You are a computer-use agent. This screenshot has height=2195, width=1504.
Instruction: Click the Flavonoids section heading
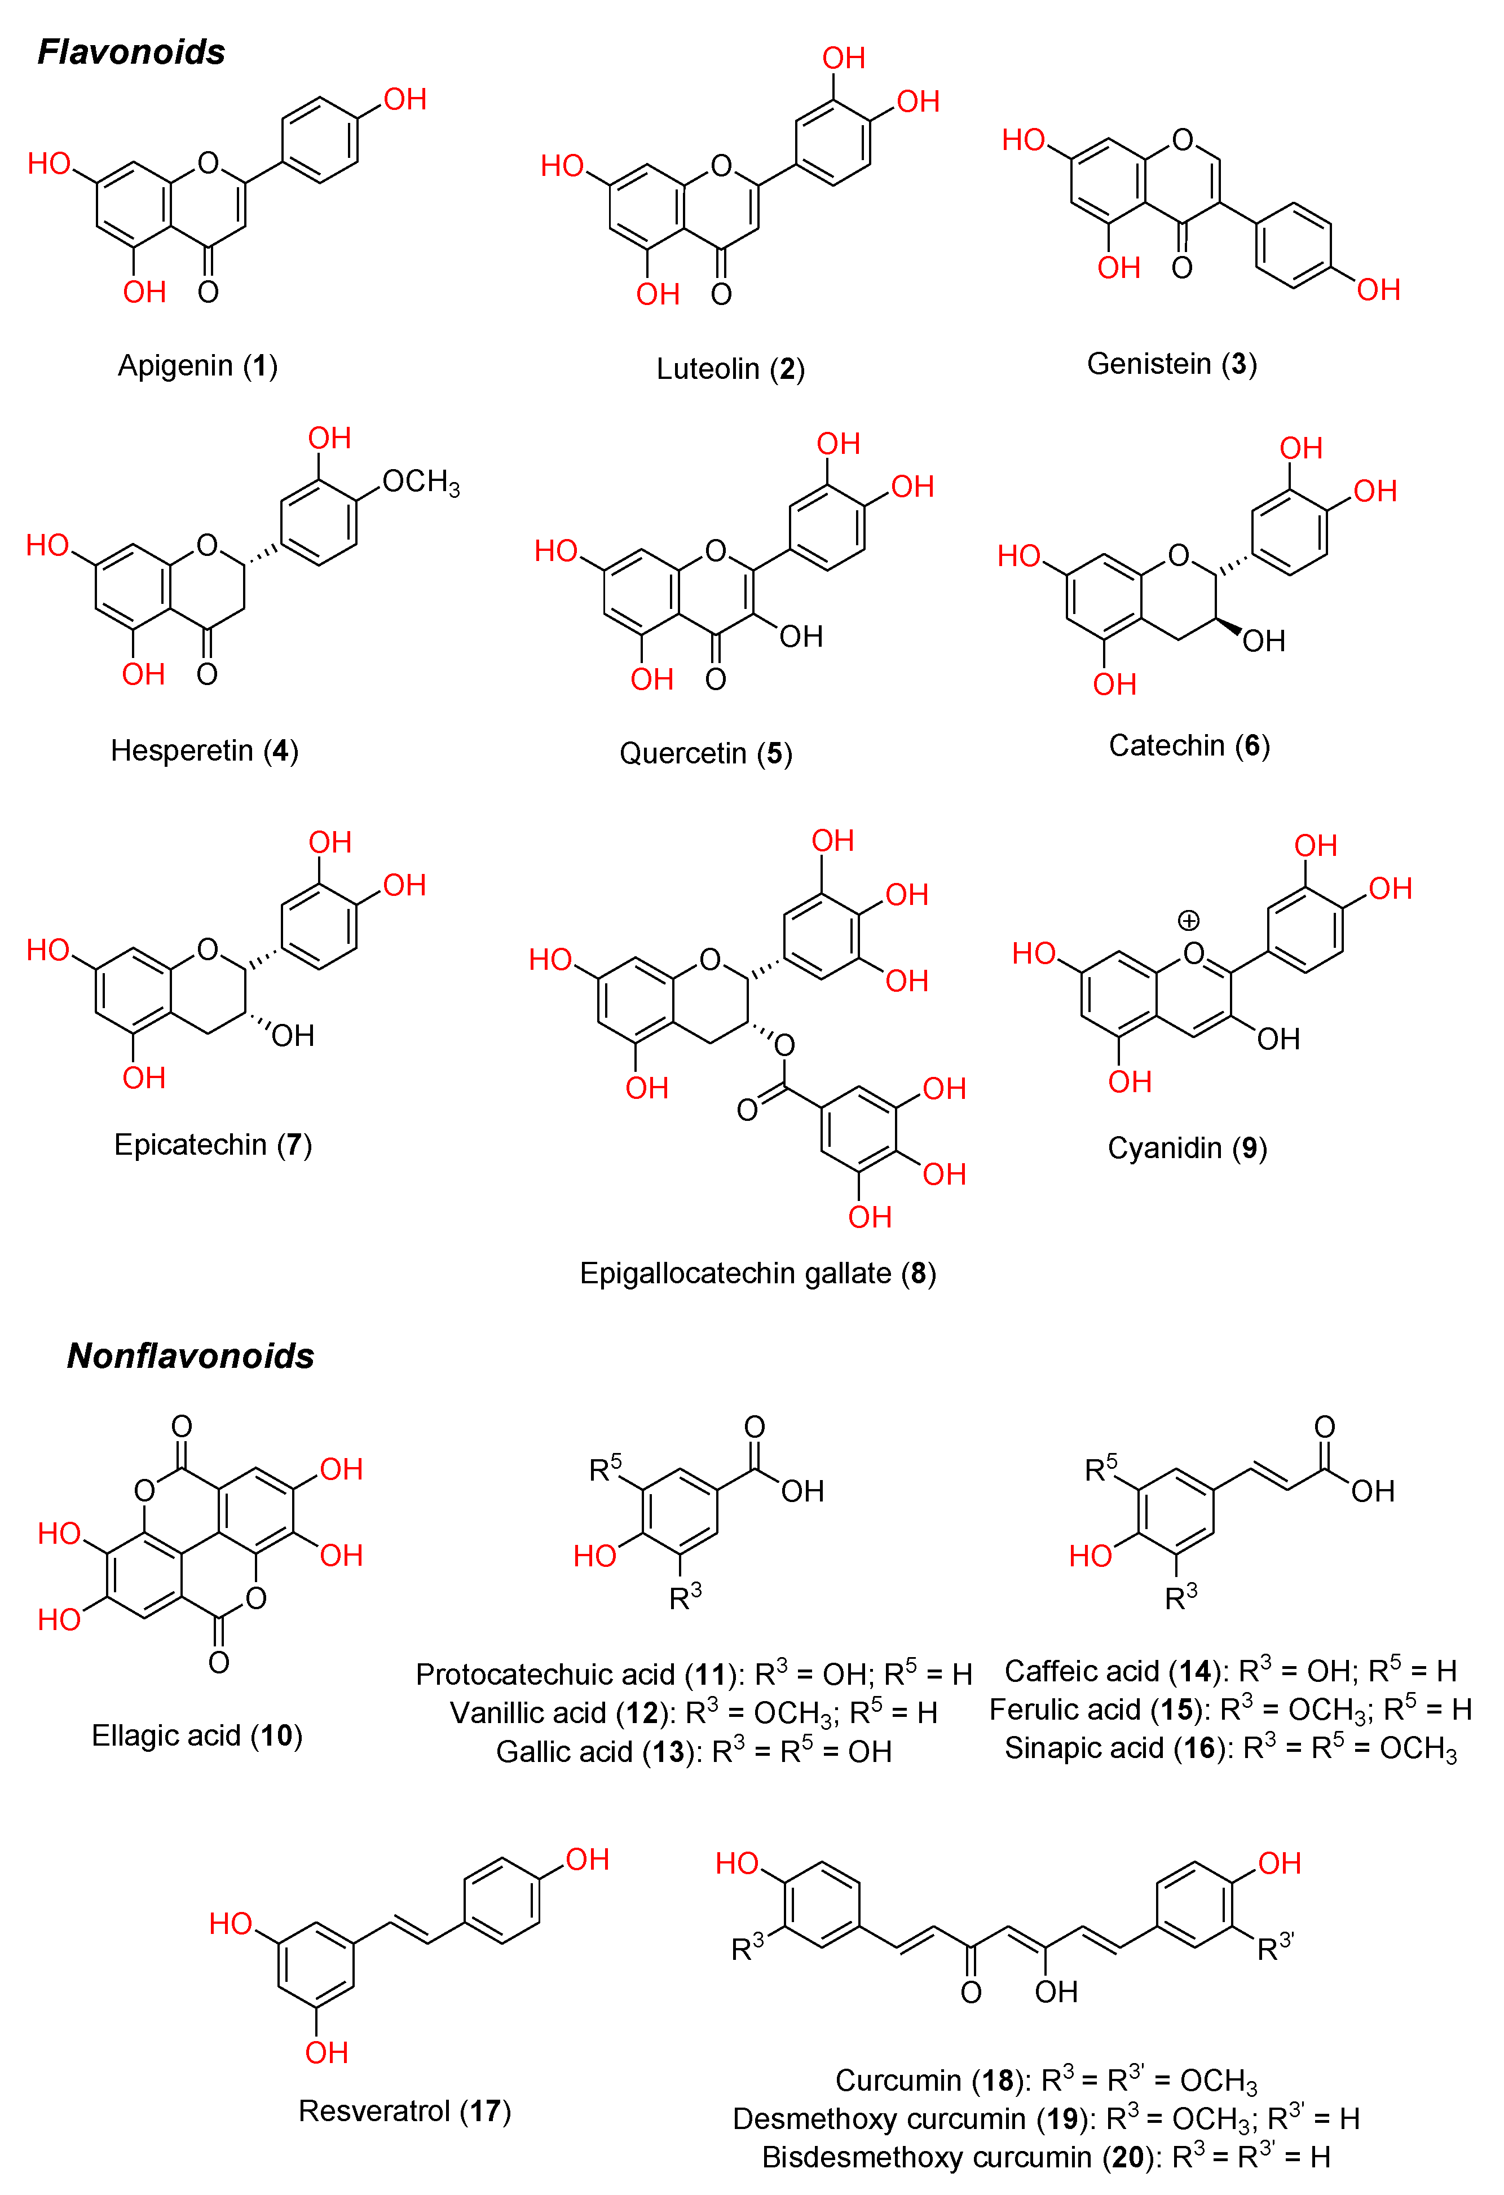click(x=131, y=52)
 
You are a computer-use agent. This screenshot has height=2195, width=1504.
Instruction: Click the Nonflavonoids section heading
click(x=190, y=1355)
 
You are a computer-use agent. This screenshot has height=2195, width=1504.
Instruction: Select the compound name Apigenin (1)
click(x=197, y=365)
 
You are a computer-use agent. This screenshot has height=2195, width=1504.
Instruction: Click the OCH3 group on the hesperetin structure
click(x=420, y=483)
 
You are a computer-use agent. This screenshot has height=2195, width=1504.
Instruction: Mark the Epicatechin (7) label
click(x=213, y=1145)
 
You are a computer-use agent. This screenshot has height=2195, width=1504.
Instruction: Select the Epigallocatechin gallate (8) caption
click(x=758, y=1273)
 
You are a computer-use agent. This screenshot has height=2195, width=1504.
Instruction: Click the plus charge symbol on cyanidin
click(x=1188, y=920)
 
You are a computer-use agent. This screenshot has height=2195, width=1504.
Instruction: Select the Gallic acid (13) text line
click(x=694, y=1752)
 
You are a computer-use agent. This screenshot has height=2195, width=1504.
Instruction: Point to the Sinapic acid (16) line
click(x=1230, y=1748)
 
